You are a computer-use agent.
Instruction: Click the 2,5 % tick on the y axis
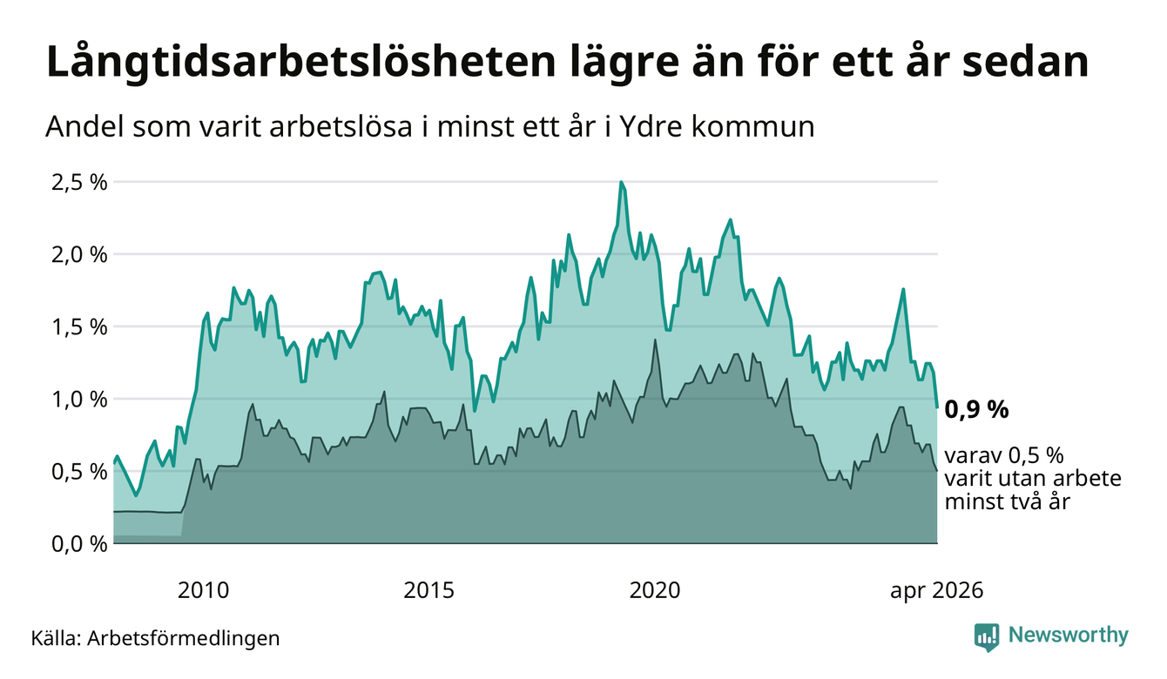(79, 184)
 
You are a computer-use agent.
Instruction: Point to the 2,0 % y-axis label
(79, 256)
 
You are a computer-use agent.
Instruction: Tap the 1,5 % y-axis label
(79, 328)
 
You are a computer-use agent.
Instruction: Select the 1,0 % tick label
(79, 400)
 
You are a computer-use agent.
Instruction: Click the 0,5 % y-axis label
(79, 473)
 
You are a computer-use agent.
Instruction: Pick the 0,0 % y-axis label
(79, 545)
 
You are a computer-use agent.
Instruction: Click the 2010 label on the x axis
(203, 591)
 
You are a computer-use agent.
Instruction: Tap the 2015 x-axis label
(429, 591)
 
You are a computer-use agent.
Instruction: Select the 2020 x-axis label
(655, 591)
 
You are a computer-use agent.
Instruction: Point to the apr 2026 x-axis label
(937, 591)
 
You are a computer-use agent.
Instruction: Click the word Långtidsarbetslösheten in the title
(300, 63)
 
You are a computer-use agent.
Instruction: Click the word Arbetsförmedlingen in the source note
(184, 639)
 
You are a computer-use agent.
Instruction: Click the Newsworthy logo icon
(987, 637)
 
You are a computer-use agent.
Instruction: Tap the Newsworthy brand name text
(1069, 635)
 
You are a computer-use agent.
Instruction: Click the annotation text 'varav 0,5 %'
(1004, 456)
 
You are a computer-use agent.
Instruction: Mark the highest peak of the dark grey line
(655, 340)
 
